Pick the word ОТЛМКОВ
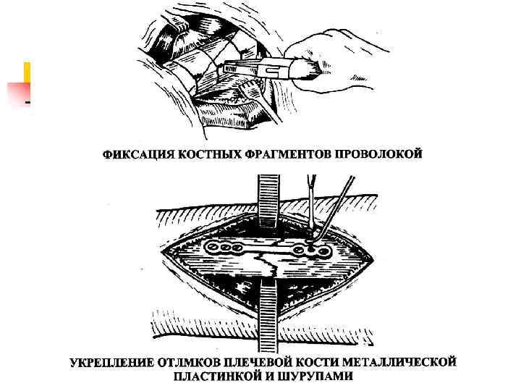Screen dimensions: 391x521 click(192, 361)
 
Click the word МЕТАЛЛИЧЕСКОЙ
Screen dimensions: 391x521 click(407, 361)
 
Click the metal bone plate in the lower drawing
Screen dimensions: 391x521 click(268, 251)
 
